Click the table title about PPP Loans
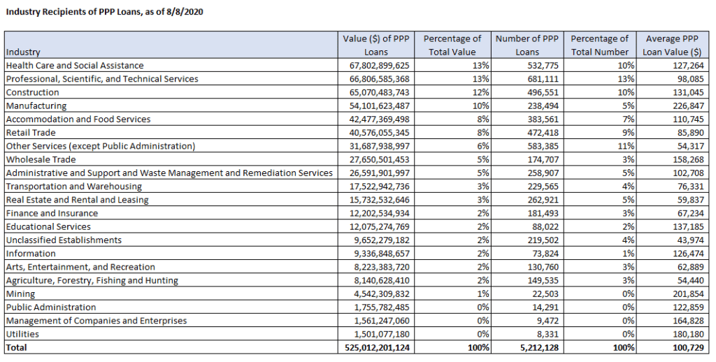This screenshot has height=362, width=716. tap(105, 12)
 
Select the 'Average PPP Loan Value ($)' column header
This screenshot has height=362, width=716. tap(673, 45)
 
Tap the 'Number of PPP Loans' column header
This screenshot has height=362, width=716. tap(527, 45)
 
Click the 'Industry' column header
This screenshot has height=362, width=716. tap(23, 52)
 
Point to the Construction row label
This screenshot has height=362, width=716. tap(32, 92)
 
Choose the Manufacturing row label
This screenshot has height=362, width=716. tap(36, 106)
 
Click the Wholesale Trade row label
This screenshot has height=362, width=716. tap(40, 159)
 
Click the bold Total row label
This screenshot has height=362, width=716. tap(17, 347)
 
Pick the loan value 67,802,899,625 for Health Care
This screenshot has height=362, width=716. tap(377, 66)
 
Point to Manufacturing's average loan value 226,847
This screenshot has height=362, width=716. tap(685, 106)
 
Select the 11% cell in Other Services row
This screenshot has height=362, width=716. tap(625, 146)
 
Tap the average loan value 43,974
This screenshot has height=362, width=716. tap(687, 240)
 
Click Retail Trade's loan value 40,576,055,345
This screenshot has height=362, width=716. tap(377, 133)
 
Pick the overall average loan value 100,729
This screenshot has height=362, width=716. tap(685, 347)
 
